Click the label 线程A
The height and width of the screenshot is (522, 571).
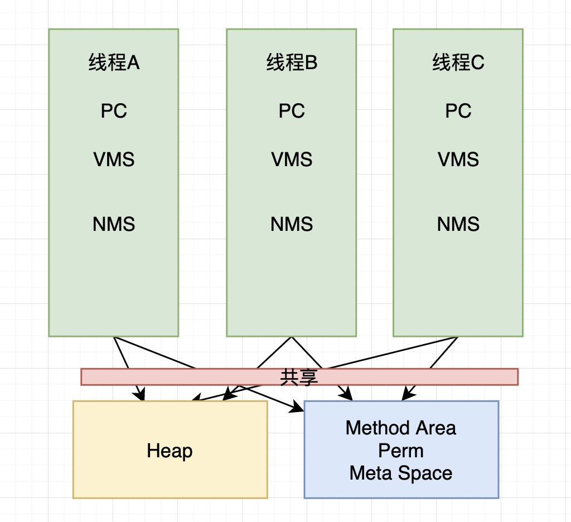pos(114,63)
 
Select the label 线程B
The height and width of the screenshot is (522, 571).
pos(292,63)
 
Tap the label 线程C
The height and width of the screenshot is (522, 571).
pos(458,63)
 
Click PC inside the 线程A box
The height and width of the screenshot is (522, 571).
pos(114,111)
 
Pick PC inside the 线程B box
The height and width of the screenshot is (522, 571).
pos(292,111)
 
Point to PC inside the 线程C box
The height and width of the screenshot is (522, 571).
pos(458,111)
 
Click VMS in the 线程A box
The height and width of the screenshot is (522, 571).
pos(114,159)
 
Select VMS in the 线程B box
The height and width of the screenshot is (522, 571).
pos(292,159)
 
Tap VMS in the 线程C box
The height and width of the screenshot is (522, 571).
pos(458,159)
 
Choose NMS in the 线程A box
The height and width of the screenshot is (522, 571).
pos(114,224)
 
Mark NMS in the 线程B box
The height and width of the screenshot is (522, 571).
pos(292,224)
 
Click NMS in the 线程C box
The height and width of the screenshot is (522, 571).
pos(458,224)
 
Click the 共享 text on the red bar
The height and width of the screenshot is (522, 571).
pos(299,377)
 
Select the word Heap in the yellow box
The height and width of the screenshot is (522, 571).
pos(170,451)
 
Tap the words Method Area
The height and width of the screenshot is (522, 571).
pos(401,428)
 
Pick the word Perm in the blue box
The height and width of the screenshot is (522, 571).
pos(401,451)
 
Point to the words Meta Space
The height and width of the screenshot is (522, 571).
pos(401,473)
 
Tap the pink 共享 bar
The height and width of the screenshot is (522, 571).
pos(446,377)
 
